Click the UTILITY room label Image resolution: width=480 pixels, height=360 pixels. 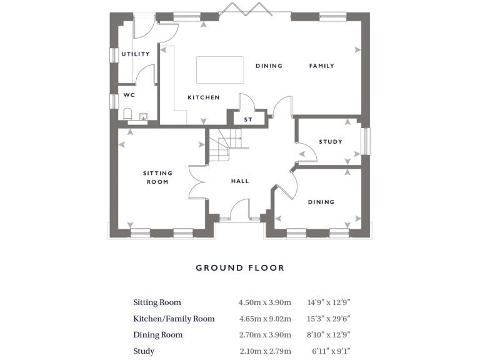tap(136, 54)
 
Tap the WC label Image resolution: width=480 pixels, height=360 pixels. tap(129, 96)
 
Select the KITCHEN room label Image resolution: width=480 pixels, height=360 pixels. tap(204, 97)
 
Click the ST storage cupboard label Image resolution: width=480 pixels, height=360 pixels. tap(248, 119)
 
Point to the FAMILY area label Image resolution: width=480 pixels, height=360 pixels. tap(322, 66)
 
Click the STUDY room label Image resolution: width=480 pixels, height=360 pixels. tap(331, 142)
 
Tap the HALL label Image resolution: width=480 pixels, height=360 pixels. tap(240, 181)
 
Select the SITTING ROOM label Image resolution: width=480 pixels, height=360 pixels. tap(157, 177)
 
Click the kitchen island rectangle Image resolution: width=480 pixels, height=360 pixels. tap(219, 69)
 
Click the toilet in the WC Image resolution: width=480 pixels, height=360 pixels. tap(127, 114)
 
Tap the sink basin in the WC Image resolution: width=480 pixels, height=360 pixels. tap(143, 117)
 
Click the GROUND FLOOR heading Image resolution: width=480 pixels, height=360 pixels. tap(240, 267)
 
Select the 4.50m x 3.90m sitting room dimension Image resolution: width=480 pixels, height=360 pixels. tap(264, 302)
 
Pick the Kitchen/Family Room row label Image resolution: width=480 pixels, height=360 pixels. tap(174, 319)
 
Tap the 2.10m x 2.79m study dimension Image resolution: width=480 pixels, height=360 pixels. tap(264, 351)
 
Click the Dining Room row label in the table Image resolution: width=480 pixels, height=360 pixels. tap(158, 335)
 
